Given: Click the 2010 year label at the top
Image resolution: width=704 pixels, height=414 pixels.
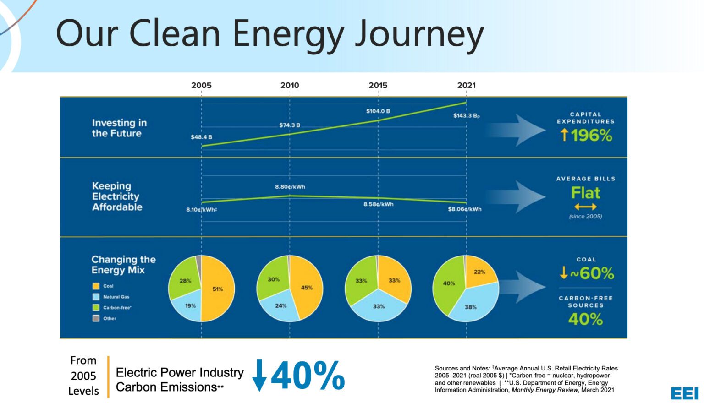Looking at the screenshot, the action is tap(290, 85).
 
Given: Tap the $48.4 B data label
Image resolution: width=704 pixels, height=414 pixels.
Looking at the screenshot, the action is tap(202, 137).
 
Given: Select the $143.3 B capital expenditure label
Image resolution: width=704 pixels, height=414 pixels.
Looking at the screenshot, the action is tap(467, 115).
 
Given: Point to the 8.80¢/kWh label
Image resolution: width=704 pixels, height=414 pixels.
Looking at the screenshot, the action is tap(290, 186).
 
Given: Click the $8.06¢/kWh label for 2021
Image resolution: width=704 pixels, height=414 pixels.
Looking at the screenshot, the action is tap(464, 209).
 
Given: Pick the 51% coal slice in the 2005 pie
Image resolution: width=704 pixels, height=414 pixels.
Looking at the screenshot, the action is tap(218, 289).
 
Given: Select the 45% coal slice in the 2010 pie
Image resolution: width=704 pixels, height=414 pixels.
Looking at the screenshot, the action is tap(307, 288).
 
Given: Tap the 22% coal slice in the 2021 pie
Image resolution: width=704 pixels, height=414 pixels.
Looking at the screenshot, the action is tap(479, 272).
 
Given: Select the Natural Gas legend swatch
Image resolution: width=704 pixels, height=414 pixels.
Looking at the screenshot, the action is tap(96, 297).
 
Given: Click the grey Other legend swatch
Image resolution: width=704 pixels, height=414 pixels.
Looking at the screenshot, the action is tap(96, 318).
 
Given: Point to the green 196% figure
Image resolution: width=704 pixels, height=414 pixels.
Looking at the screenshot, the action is tap(592, 136).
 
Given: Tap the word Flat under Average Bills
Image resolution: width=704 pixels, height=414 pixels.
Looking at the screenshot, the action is tap(585, 192).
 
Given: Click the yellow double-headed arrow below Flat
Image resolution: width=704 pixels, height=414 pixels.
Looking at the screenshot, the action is tap(585, 207).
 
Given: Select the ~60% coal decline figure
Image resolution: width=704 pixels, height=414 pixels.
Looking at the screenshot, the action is tap(592, 273).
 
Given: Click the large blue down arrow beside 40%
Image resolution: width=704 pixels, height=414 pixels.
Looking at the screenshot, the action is tap(259, 375).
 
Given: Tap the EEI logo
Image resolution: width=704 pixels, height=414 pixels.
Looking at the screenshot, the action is tap(684, 393).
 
